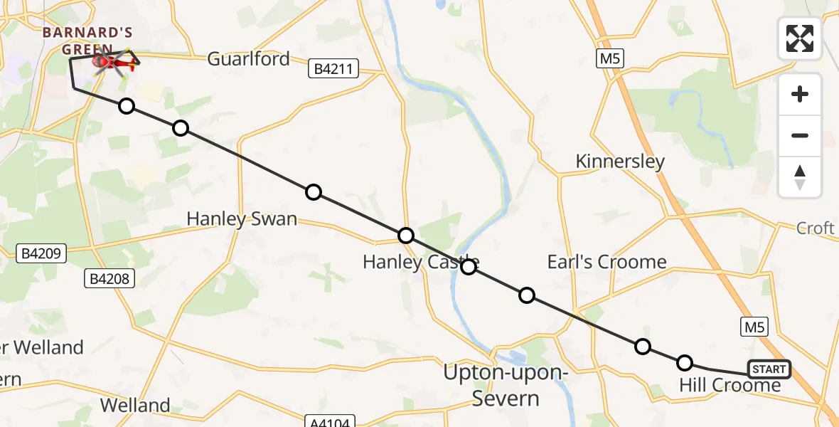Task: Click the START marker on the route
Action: [x=769, y=369]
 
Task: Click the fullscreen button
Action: [x=800, y=38]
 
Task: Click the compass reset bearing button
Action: [x=800, y=177]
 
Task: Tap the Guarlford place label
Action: [x=248, y=58]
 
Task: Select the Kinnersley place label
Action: [x=620, y=161]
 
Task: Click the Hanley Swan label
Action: [x=242, y=218]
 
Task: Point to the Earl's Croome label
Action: [x=606, y=261]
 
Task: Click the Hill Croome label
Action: [x=730, y=385]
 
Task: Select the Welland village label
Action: [x=135, y=405]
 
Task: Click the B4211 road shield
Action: [x=333, y=69]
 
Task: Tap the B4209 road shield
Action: [x=41, y=253]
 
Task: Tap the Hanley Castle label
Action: [x=421, y=261]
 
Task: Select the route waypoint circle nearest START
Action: [x=684, y=363]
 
